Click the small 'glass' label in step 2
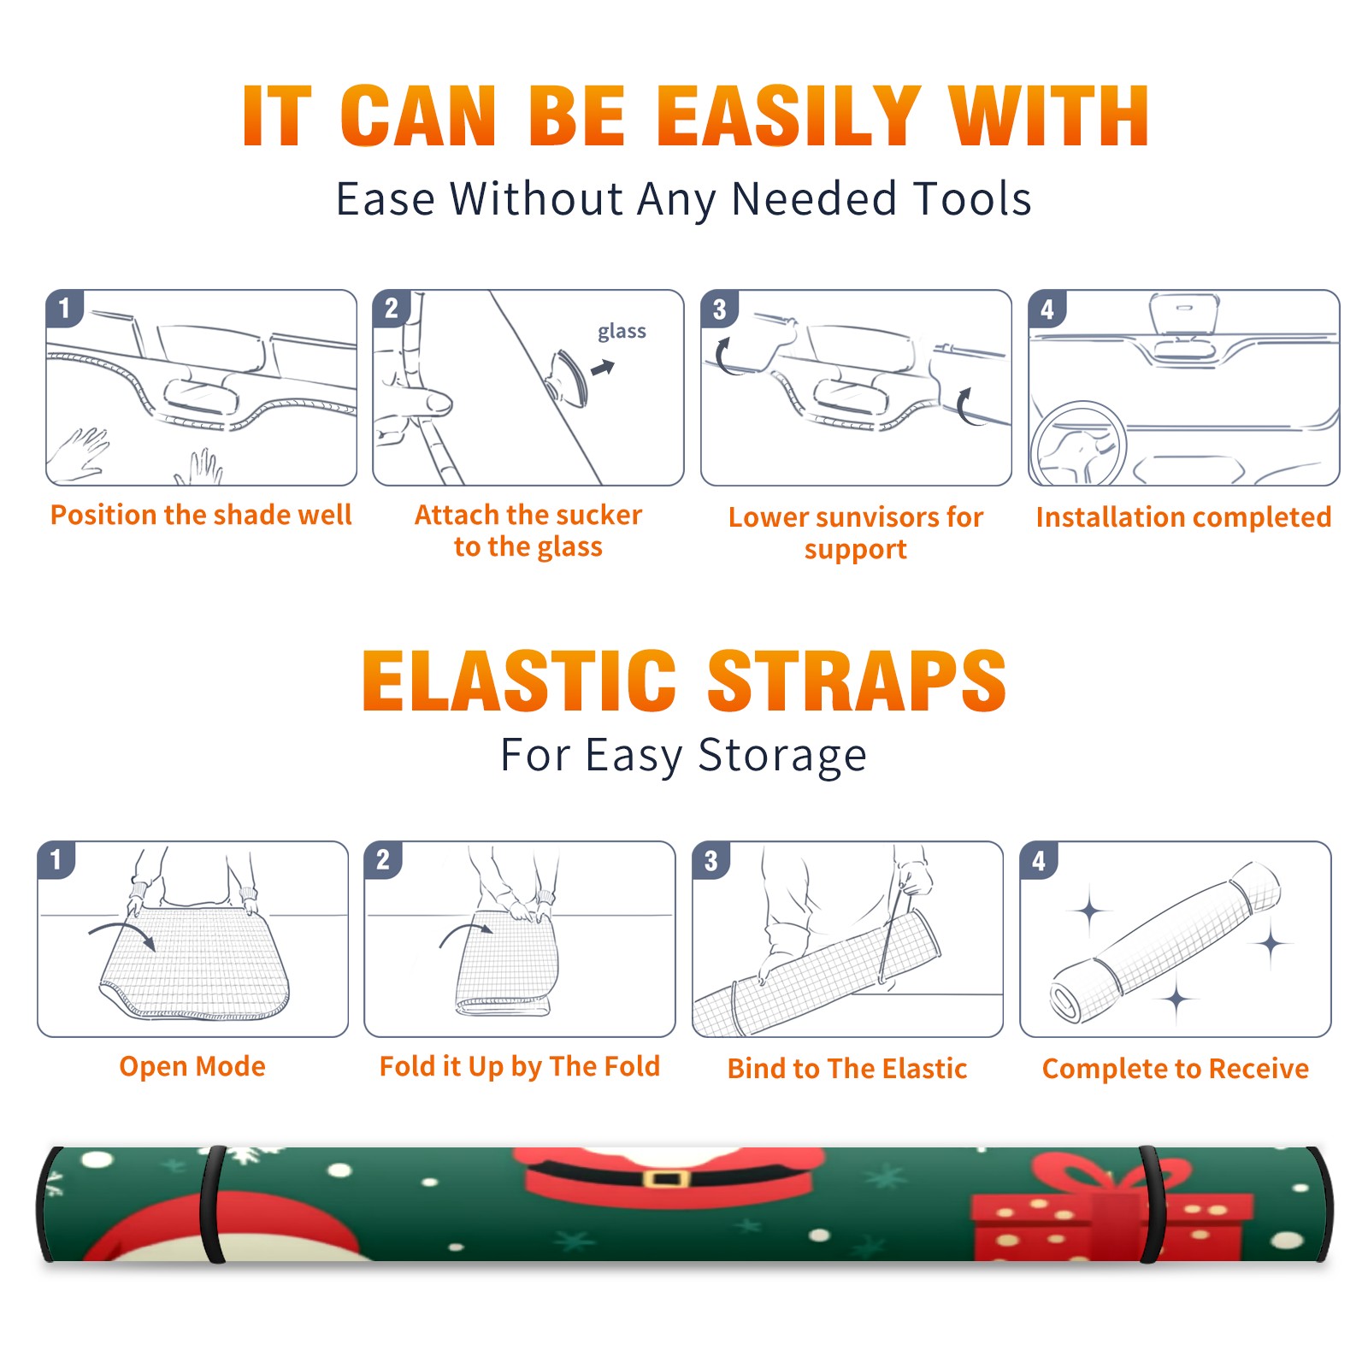coord(622,332)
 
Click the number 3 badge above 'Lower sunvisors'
coord(719,309)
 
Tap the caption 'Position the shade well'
coord(201,515)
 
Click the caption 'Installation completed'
coord(1183,516)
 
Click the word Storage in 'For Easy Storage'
coord(782,756)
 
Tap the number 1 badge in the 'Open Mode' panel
coord(56,859)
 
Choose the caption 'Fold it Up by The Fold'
coord(519,1066)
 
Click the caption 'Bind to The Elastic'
coord(846,1069)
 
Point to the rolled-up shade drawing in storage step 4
coord(1165,942)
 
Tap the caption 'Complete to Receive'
coord(1175,1069)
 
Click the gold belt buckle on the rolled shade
coord(666,1180)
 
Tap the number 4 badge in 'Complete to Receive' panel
coord(1039,859)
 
